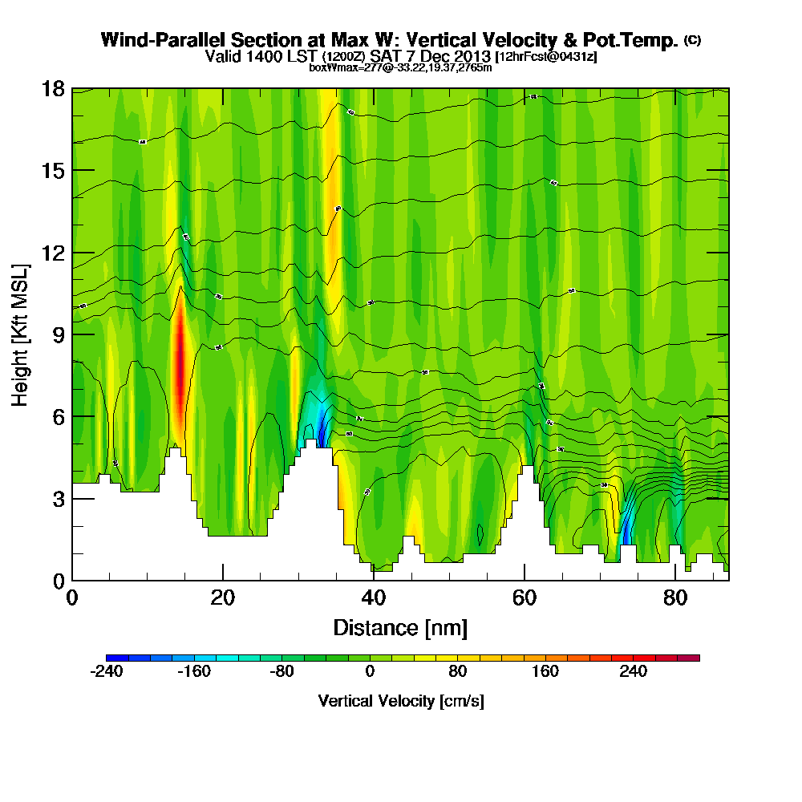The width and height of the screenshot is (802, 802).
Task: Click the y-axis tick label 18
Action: coord(53,88)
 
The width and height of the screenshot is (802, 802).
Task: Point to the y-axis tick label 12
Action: coord(53,253)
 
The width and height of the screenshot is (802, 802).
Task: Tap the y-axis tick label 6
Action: coord(59,416)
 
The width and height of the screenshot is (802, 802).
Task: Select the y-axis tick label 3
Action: coord(59,499)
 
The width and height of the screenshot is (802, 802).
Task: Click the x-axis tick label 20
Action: coord(223,599)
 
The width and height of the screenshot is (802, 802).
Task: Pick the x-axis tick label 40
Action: coord(374,599)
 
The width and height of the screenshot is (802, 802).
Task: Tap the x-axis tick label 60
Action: coord(525,599)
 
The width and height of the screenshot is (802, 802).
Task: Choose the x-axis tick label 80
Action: coord(675,599)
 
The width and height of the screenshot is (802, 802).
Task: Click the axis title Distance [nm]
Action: coord(400,627)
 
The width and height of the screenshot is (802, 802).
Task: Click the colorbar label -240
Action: coord(106,672)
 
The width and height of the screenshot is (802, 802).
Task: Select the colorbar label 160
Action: coord(545,672)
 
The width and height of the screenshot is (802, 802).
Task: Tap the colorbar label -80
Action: coord(282,672)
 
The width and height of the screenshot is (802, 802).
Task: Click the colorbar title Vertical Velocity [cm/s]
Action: coord(401,701)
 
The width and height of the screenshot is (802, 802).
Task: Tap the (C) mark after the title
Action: coord(692,39)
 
